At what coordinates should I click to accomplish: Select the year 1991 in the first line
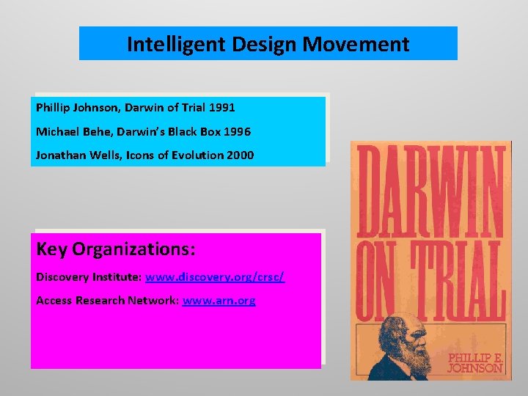(221, 108)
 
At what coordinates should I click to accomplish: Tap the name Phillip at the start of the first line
(53, 108)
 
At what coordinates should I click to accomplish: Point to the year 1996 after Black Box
(237, 132)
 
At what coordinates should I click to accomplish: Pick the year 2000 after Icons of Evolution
(240, 155)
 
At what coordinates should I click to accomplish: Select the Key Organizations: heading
(116, 249)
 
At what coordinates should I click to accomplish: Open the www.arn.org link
(219, 301)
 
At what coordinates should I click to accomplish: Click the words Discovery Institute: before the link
(89, 277)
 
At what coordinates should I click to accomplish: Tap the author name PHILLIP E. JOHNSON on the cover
(475, 362)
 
